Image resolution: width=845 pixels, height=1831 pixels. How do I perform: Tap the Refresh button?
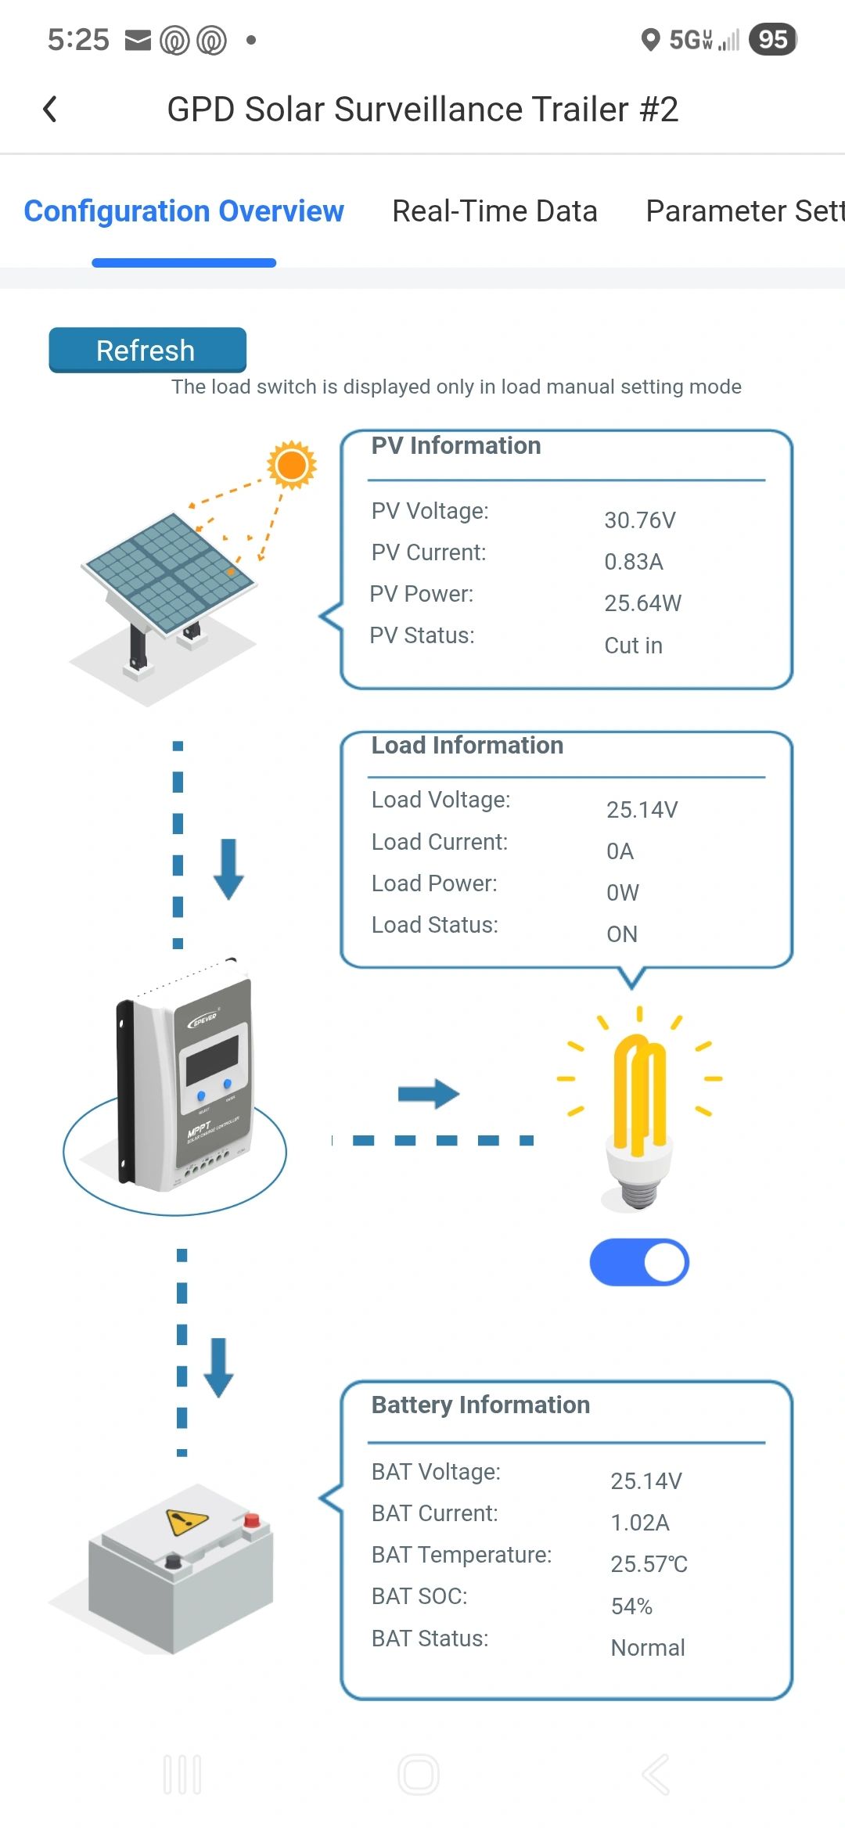pyautogui.click(x=147, y=350)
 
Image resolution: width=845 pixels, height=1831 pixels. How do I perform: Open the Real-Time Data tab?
pyautogui.click(x=494, y=211)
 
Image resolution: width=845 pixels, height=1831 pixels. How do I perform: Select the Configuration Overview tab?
pyautogui.click(x=184, y=211)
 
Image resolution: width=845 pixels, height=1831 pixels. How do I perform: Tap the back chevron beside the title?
pyautogui.click(x=50, y=110)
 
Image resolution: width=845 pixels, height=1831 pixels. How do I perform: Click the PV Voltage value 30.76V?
pyautogui.click(x=639, y=520)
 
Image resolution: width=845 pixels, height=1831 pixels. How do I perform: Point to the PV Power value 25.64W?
pyautogui.click(x=642, y=603)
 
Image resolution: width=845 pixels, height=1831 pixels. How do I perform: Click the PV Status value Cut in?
pyautogui.click(x=633, y=646)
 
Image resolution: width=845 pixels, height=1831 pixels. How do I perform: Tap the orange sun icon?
pyautogui.click(x=292, y=465)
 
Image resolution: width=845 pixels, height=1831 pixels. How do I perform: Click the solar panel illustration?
pyautogui.click(x=169, y=579)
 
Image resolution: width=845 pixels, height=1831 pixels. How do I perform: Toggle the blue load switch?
pyautogui.click(x=639, y=1262)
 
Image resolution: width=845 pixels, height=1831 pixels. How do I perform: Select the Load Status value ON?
pyautogui.click(x=622, y=934)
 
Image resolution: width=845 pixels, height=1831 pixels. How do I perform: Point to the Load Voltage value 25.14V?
pyautogui.click(x=642, y=810)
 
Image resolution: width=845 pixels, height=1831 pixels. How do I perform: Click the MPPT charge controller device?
pyautogui.click(x=185, y=1080)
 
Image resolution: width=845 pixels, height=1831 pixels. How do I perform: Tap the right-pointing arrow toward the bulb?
pyautogui.click(x=428, y=1094)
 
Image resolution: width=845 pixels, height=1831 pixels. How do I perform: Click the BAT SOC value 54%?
pyautogui.click(x=631, y=1606)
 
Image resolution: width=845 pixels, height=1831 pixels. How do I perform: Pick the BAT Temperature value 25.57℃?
pyautogui.click(x=649, y=1564)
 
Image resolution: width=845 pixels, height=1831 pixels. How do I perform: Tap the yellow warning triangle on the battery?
pyautogui.click(x=187, y=1521)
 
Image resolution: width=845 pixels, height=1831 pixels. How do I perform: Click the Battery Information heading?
pyautogui.click(x=480, y=1405)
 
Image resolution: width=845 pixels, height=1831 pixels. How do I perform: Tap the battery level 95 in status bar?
pyautogui.click(x=773, y=39)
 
